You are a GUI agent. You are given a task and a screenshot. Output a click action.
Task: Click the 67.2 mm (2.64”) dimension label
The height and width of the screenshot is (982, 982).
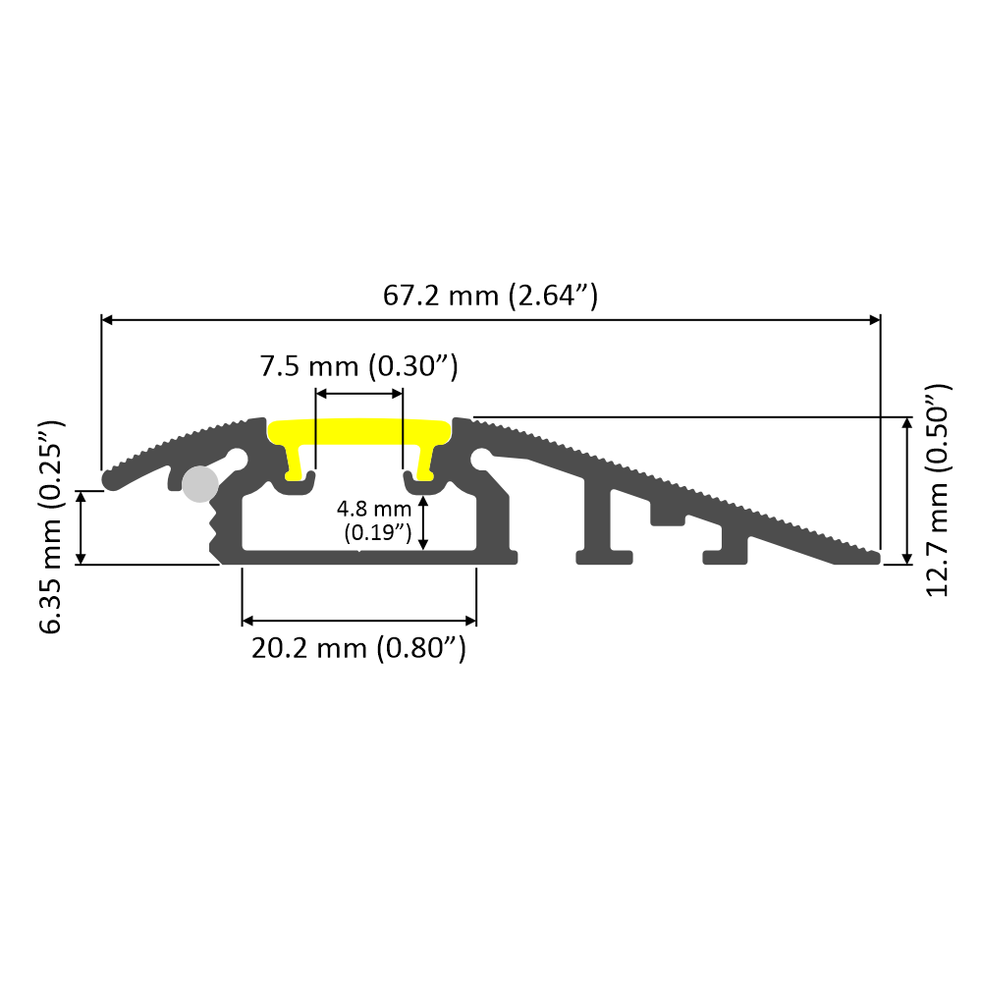[x=490, y=294]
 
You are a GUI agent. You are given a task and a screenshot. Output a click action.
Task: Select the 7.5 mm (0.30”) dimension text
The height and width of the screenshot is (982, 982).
[x=358, y=367]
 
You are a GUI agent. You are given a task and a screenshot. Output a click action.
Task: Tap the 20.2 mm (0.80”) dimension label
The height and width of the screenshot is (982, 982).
[x=358, y=648]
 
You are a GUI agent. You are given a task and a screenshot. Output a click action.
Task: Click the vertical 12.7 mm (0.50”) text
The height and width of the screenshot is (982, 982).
[x=939, y=489]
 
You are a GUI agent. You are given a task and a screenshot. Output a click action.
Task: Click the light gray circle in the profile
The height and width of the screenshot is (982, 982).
[x=200, y=483]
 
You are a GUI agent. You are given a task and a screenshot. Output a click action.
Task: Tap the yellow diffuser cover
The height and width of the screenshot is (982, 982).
[x=359, y=433]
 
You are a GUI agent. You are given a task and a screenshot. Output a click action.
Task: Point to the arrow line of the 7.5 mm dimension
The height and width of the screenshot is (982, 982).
[x=359, y=393]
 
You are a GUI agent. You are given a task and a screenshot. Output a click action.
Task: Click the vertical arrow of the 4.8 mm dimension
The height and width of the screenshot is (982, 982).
[x=423, y=522]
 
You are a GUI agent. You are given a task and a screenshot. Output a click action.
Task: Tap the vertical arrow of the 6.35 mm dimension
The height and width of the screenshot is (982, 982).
[x=82, y=526]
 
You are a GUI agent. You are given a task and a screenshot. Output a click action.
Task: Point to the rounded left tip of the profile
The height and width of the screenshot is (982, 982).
[x=107, y=479]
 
